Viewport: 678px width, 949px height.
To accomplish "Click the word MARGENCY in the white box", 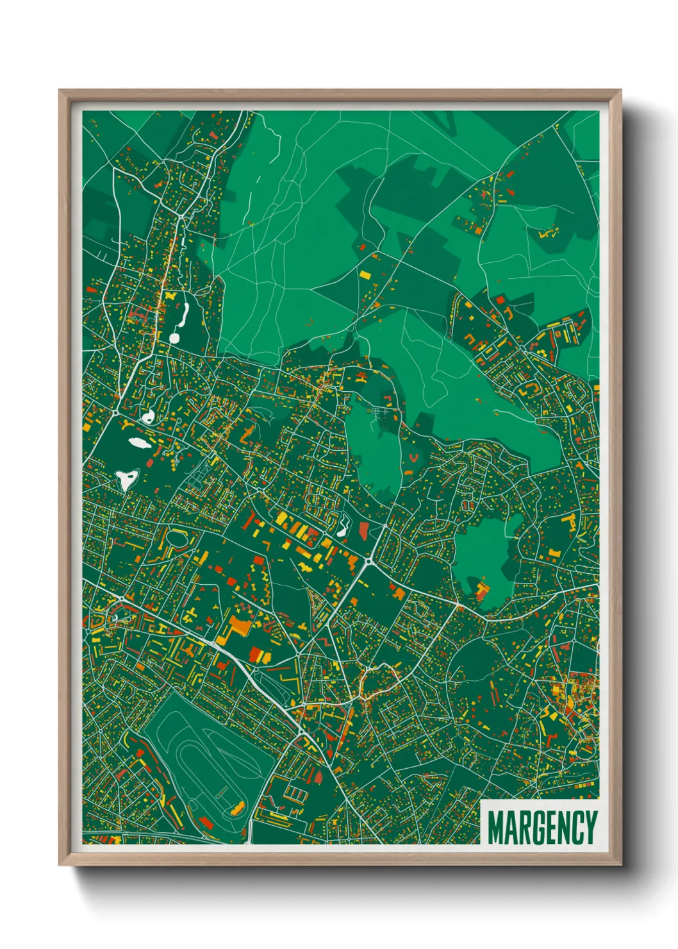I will [x=542, y=827].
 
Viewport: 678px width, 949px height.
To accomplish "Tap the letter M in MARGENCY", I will [x=495, y=827].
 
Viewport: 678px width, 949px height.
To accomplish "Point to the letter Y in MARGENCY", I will [x=591, y=827].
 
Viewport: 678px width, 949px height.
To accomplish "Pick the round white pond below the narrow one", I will [x=174, y=337].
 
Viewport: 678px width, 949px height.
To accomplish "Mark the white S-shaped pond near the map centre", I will [x=344, y=526].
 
